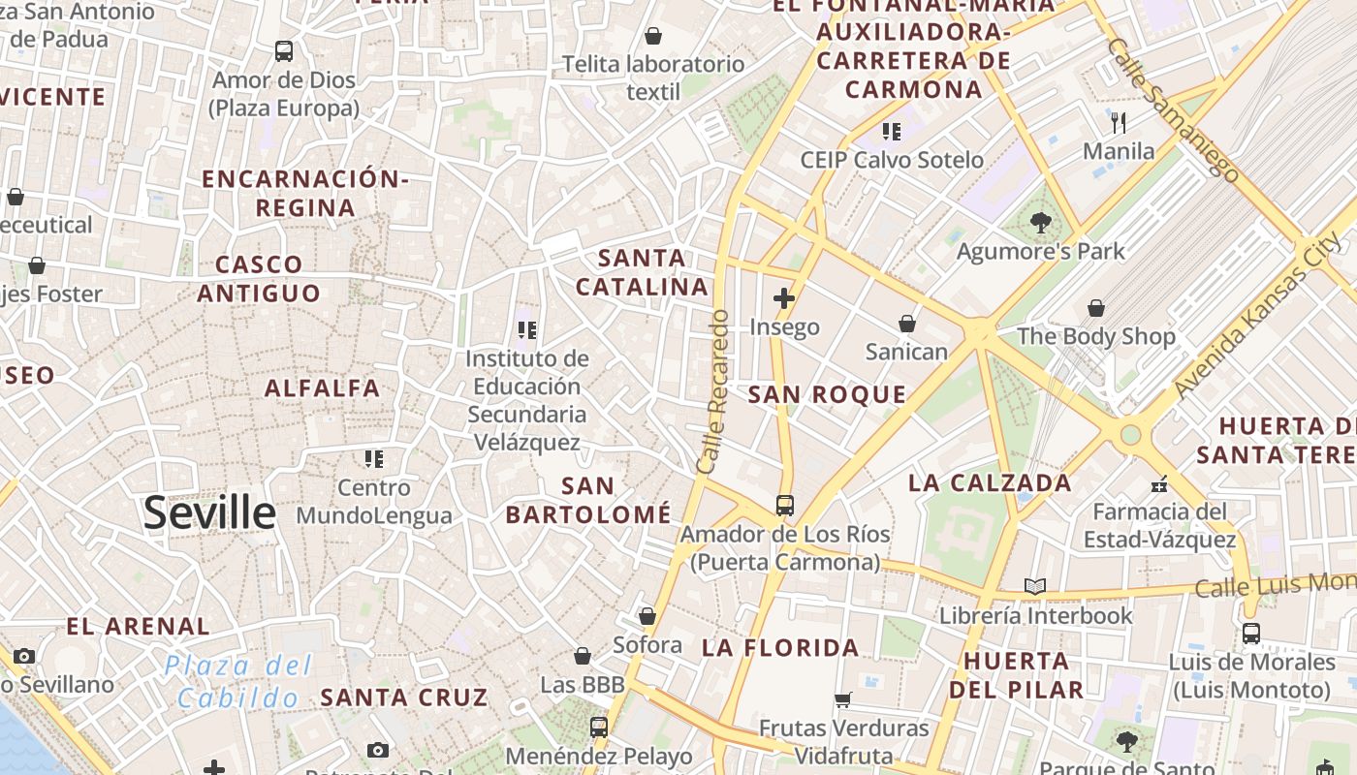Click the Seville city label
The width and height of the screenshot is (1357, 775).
click(209, 512)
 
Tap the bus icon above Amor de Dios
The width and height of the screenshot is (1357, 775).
click(284, 50)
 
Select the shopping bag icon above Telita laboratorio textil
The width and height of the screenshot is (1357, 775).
click(653, 36)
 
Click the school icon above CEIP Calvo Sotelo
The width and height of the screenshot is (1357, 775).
click(891, 131)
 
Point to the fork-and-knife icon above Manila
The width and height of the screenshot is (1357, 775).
click(1119, 122)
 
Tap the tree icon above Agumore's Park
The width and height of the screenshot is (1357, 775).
click(1041, 223)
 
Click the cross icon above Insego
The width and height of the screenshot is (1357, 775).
click(784, 298)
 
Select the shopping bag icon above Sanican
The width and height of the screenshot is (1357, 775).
click(907, 323)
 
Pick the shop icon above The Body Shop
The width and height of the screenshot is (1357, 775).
click(1096, 308)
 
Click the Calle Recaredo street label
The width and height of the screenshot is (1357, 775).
click(712, 391)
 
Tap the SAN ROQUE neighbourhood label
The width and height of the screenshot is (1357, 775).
click(827, 394)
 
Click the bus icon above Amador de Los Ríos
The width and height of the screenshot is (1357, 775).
click(785, 505)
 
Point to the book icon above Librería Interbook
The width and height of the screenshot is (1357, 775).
click(1035, 586)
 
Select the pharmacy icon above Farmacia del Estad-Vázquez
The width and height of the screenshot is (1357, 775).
click(1158, 483)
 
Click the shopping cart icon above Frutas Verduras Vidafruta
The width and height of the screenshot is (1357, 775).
click(843, 698)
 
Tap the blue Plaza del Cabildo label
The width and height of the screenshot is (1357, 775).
click(238, 681)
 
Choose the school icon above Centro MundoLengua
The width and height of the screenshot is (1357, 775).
click(374, 458)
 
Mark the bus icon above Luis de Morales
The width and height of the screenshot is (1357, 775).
click(1251, 634)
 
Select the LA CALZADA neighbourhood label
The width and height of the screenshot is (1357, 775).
click(990, 482)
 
